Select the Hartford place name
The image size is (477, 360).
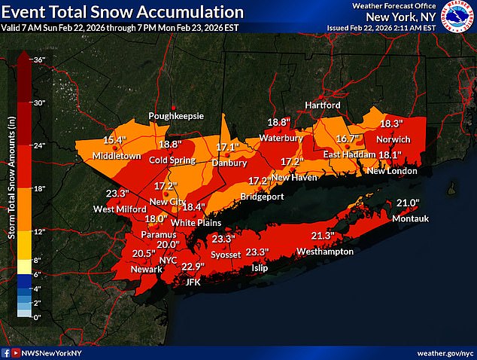click(x=323, y=105)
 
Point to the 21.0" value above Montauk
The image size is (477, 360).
click(x=406, y=203)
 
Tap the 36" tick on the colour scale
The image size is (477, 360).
click(x=39, y=59)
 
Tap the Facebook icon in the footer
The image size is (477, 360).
click(x=7, y=352)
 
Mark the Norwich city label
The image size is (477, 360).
click(x=393, y=139)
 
